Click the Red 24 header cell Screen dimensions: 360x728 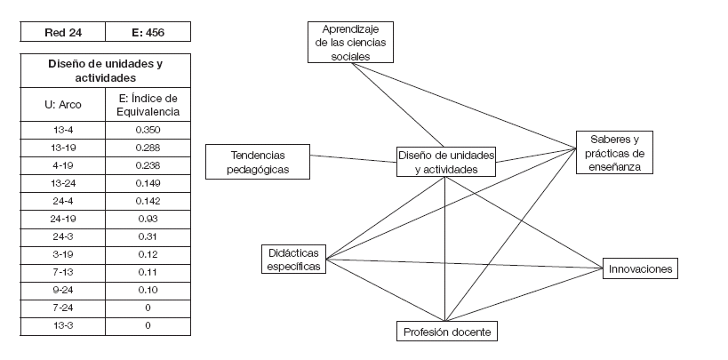62,33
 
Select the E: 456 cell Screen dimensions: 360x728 147,33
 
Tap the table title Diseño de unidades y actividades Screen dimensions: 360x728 105,71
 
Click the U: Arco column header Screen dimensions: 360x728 62,105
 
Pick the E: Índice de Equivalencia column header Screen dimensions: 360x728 147,105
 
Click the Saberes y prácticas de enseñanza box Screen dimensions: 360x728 614,152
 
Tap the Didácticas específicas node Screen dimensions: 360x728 293,260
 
